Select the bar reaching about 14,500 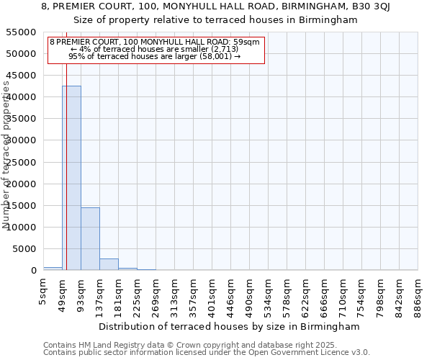(x=90, y=238)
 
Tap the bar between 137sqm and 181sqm (x=109, y=264)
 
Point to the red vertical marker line (x=66, y=166)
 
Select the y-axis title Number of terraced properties (x=7, y=155)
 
